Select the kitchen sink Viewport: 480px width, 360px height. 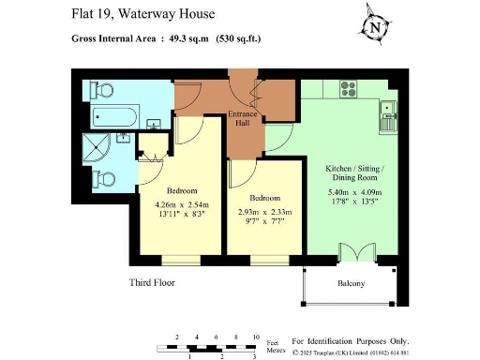point(387,118)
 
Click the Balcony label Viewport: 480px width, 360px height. point(352,284)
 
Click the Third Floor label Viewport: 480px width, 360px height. point(152,281)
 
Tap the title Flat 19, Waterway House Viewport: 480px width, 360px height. point(142,14)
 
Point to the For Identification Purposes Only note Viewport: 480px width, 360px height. point(351,341)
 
